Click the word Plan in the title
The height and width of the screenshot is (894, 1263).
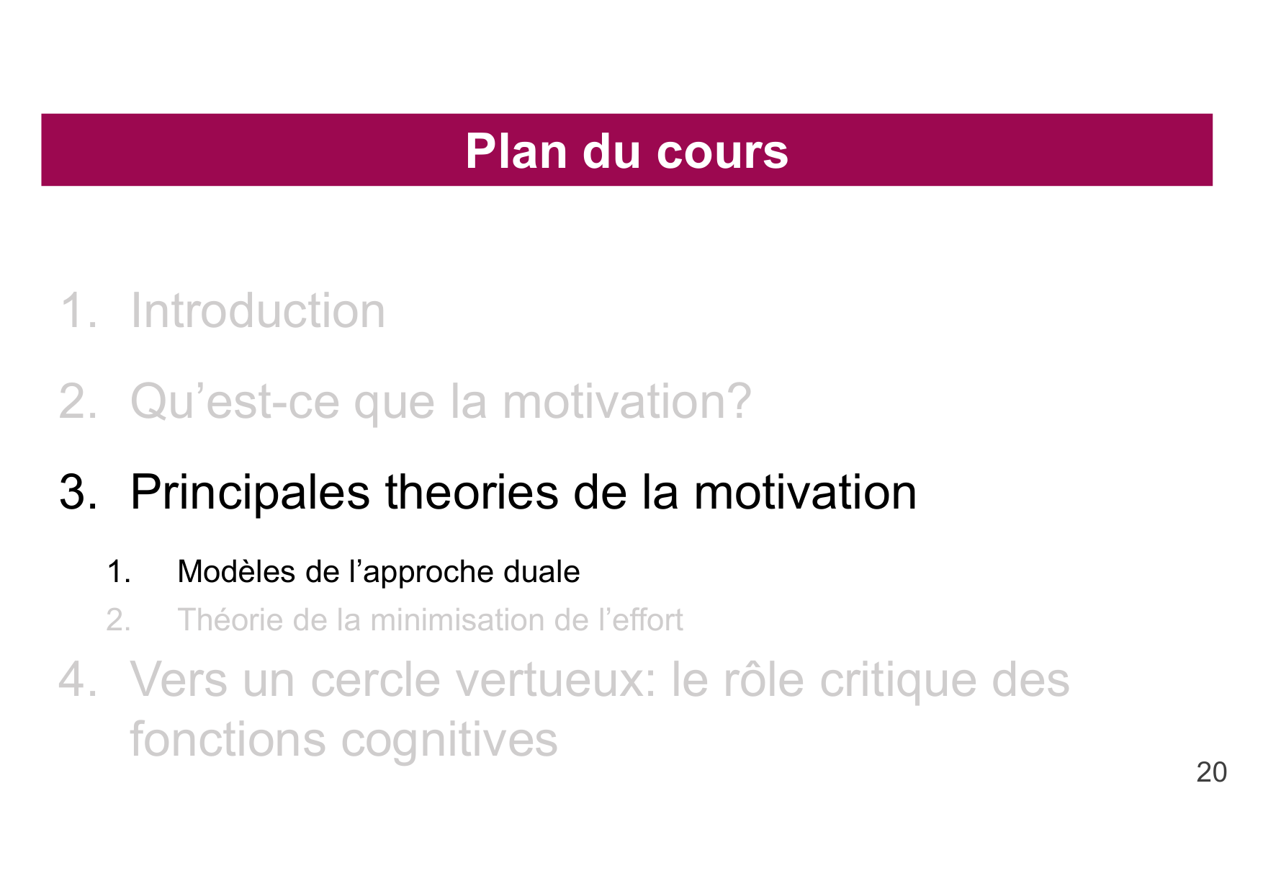point(516,151)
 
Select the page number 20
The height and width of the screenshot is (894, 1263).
point(1211,772)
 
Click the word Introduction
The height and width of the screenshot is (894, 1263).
point(258,311)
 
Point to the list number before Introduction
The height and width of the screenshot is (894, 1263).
point(78,311)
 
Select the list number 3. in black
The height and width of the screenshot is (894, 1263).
point(78,493)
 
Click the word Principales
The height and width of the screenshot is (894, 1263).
point(250,493)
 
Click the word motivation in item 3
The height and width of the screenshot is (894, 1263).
point(805,493)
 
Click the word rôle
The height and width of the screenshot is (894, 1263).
point(763,680)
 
